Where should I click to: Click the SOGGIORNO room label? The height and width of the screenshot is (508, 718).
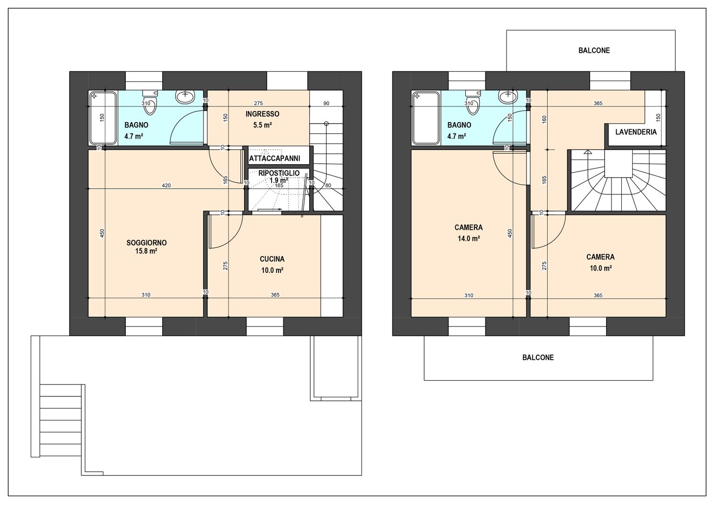tap(146, 243)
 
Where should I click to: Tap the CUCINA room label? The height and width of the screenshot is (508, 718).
tap(272, 259)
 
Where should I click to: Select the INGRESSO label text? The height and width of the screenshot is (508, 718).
tap(262, 114)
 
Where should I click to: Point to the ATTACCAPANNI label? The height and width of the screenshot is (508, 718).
tap(275, 158)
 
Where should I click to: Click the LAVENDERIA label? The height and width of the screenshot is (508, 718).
tap(636, 132)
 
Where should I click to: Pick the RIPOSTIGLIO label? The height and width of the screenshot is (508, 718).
tap(279, 173)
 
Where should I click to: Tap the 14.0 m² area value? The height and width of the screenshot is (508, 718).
tap(469, 238)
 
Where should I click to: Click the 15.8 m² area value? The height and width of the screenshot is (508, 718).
tap(146, 251)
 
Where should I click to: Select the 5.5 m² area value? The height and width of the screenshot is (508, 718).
tap(262, 125)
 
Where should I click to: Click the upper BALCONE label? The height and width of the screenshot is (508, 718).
tap(595, 50)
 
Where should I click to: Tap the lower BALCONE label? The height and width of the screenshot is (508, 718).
tap(538, 357)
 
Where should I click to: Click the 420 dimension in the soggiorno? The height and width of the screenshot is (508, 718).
tap(167, 185)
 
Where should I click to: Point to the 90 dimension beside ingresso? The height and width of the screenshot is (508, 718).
tap(326, 103)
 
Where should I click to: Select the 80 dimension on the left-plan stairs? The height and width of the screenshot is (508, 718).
tap(328, 185)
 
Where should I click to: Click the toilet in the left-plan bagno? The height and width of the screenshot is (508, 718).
tap(150, 102)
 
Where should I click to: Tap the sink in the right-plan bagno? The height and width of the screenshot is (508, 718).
tap(508, 97)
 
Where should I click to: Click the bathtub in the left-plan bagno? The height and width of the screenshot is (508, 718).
tap(103, 118)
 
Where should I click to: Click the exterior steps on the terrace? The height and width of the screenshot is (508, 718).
tap(61, 420)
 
